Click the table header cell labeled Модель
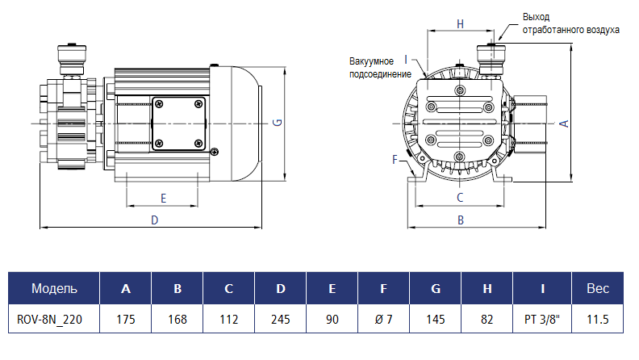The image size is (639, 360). click(x=54, y=288)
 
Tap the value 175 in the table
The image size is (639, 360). click(x=125, y=320)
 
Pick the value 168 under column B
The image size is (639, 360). click(x=177, y=320)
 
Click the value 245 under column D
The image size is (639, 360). click(x=280, y=320)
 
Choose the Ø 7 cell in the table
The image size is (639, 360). click(x=383, y=320)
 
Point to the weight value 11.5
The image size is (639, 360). click(x=597, y=320)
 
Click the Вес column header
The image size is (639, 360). click(x=597, y=288)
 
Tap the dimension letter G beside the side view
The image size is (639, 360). click(x=277, y=123)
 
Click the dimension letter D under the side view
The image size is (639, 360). click(x=155, y=220)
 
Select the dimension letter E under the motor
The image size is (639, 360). click(x=163, y=198)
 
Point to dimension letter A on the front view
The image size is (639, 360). click(x=564, y=123)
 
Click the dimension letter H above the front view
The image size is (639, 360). click(x=460, y=24)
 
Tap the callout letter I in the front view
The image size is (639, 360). click(x=406, y=59)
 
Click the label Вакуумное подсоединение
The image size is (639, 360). click(x=371, y=67)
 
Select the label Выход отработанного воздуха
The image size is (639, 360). click(x=570, y=23)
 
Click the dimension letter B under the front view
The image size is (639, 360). click(x=460, y=220)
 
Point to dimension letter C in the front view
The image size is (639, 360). click(x=460, y=197)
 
